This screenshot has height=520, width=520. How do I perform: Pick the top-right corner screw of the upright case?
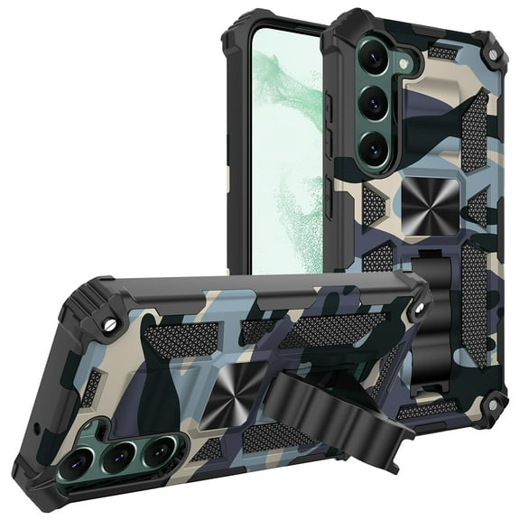(x=494, y=52)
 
